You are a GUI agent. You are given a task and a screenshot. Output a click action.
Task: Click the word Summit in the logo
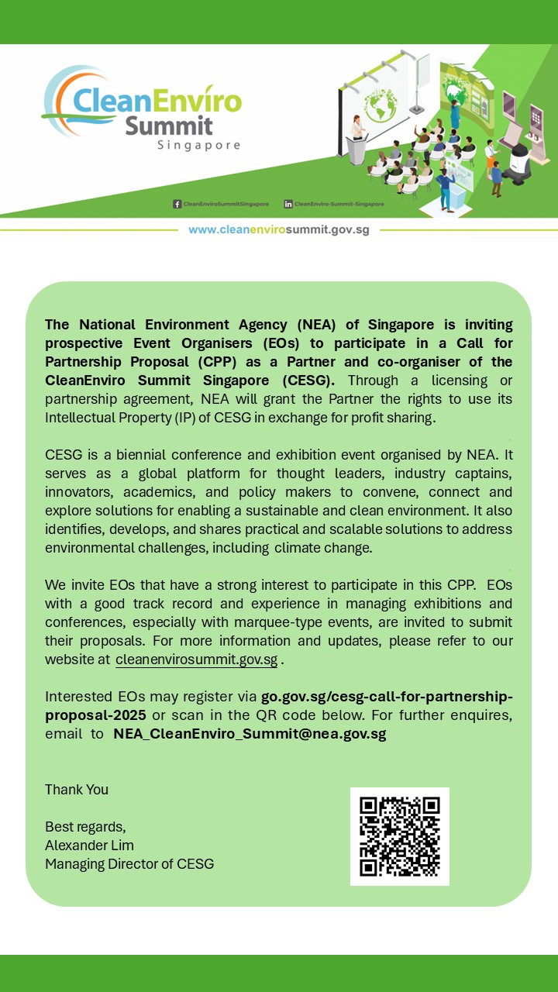point(168,126)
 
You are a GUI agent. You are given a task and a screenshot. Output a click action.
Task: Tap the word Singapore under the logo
point(198,146)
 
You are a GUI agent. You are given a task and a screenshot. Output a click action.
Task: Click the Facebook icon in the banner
point(177,204)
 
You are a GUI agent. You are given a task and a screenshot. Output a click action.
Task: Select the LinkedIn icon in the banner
point(288,204)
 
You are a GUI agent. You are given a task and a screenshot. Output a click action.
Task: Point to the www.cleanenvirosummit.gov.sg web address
point(278,230)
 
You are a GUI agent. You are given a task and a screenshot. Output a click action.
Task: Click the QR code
point(400,836)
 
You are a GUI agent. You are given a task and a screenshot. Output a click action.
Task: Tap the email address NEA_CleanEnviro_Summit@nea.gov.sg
point(250,734)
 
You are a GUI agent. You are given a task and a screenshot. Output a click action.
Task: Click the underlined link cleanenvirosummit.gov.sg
point(196,660)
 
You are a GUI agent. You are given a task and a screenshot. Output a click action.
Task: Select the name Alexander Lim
point(89,845)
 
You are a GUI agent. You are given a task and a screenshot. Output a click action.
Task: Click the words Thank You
point(77,790)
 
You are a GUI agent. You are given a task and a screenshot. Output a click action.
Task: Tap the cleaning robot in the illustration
point(535,147)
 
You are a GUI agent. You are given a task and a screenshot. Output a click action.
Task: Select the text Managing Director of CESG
point(129,863)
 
